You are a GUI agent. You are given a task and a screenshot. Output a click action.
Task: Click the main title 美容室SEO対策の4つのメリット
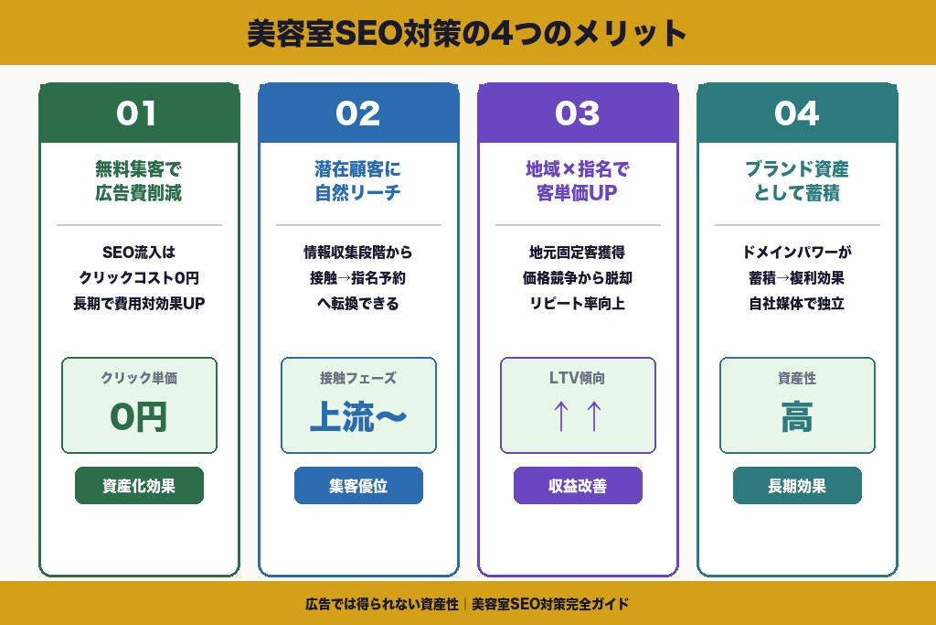[467, 34]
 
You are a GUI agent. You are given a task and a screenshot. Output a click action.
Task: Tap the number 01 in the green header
[138, 113]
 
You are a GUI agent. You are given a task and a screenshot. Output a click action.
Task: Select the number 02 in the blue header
[357, 113]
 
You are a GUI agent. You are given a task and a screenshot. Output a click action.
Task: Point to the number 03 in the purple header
[577, 113]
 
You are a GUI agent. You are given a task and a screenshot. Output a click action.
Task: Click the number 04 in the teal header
[796, 113]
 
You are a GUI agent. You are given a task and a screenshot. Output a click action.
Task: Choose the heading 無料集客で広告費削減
[139, 181]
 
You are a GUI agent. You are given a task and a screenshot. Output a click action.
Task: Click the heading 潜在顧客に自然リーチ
[358, 181]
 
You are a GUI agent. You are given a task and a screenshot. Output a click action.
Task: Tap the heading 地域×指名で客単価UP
[578, 181]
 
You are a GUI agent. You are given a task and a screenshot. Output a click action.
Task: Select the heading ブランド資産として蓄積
[797, 181]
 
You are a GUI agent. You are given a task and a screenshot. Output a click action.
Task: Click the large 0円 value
[139, 416]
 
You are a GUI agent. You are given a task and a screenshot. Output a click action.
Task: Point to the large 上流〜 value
[358, 416]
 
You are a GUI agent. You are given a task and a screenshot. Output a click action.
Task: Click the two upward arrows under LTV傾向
[578, 416]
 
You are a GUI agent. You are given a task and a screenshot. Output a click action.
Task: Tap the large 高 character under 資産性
[797, 417]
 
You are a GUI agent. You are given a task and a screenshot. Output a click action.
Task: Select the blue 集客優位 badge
[358, 486]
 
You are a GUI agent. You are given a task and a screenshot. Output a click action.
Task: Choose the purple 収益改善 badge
[578, 486]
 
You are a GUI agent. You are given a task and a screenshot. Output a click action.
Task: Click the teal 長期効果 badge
[797, 486]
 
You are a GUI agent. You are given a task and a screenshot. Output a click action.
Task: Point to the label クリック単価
[139, 377]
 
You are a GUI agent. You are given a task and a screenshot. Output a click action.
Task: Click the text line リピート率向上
[578, 304]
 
